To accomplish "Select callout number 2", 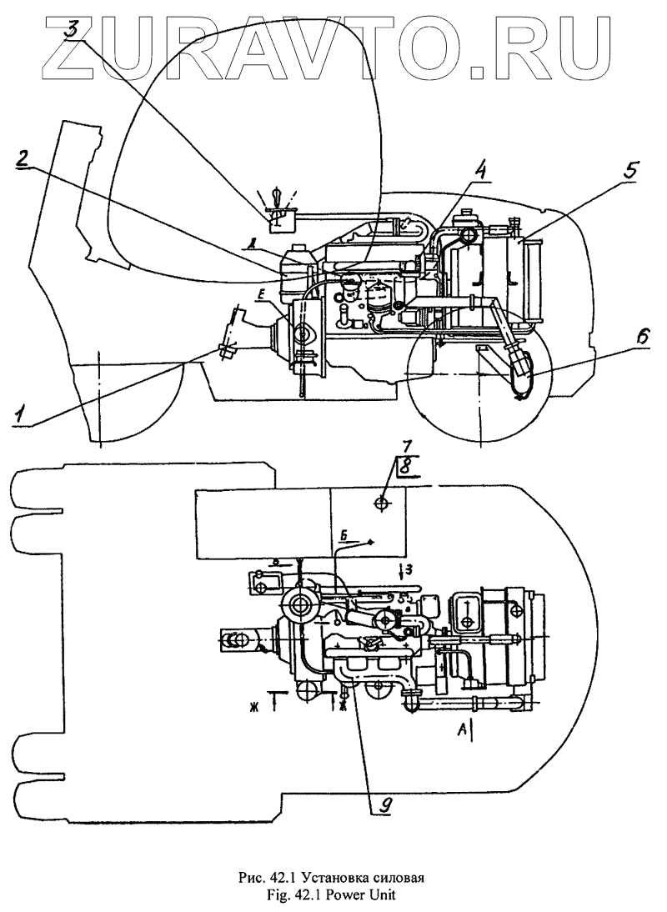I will pos(27,159).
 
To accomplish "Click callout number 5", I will pos(632,169).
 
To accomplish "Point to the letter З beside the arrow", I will pos(409,569).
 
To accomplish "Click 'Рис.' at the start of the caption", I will pos(252,877).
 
